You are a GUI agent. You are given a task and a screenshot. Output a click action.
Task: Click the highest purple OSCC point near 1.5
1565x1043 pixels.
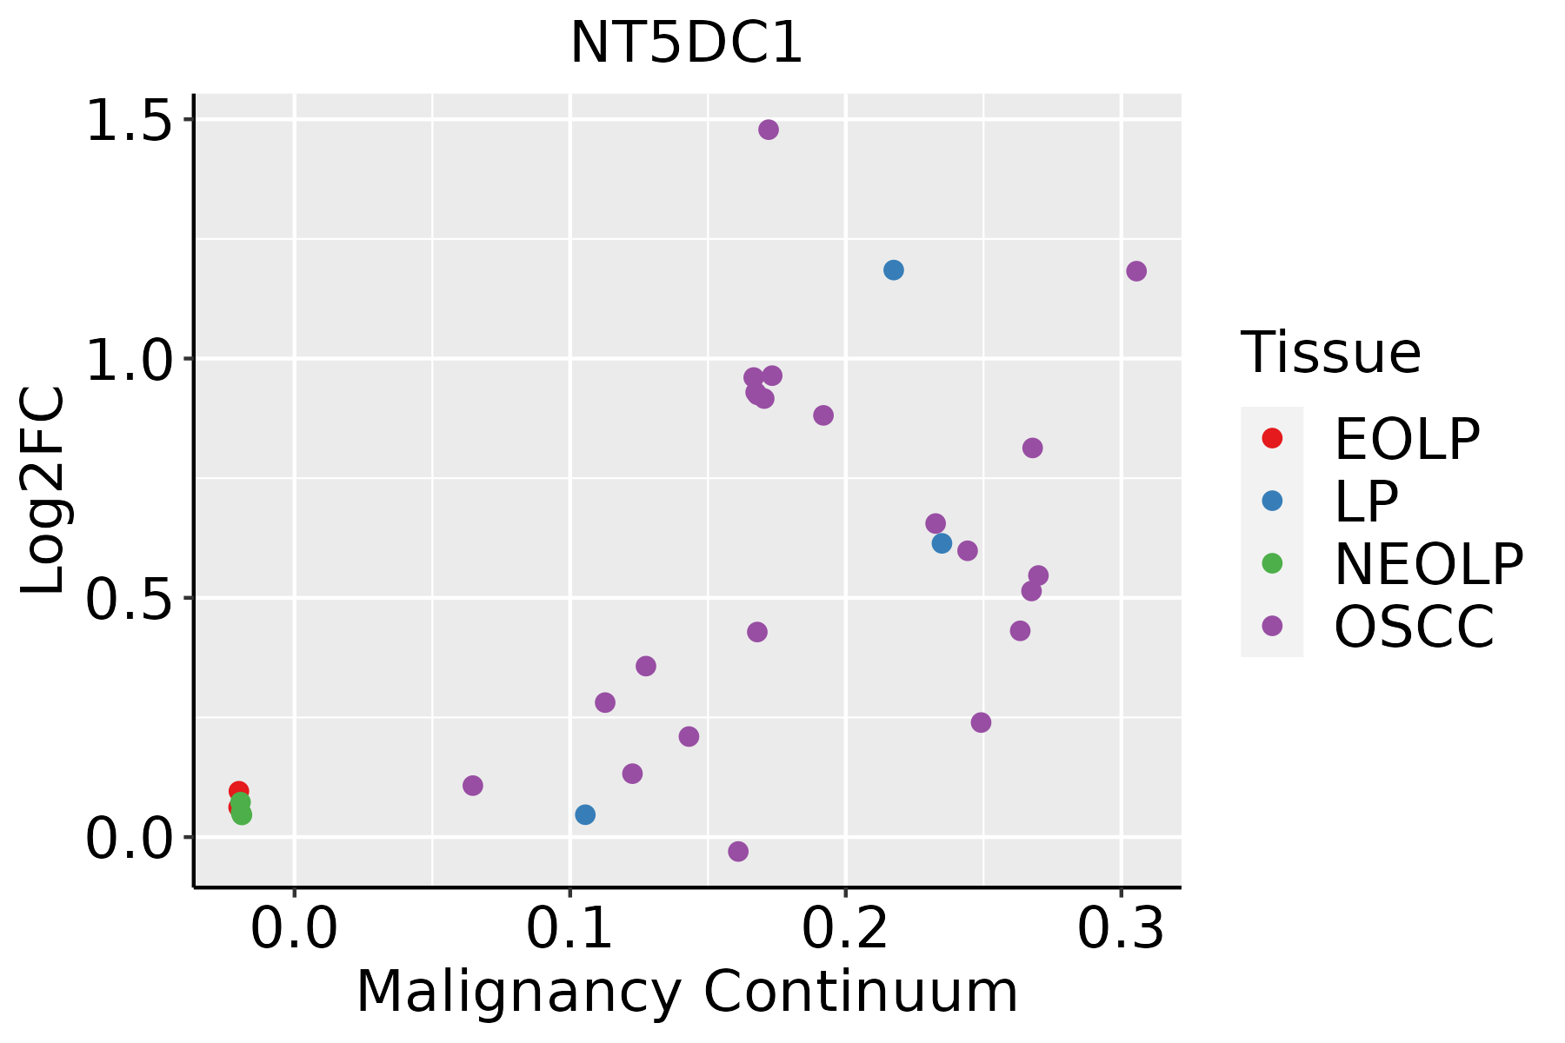tap(769, 130)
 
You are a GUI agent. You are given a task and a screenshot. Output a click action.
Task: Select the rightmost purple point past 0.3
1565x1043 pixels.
tap(1136, 271)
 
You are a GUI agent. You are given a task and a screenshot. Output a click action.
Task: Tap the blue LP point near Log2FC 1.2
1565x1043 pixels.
tap(894, 270)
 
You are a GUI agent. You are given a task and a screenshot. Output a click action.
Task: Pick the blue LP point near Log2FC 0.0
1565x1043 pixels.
tap(585, 814)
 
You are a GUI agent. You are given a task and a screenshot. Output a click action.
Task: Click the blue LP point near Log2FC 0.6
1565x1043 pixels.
tap(942, 543)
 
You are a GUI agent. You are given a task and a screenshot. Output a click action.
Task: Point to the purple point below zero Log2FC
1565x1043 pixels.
tap(738, 851)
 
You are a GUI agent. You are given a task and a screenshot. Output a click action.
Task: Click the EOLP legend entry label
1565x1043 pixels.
tap(1406, 439)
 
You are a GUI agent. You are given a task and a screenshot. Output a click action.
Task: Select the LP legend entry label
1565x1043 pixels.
tap(1366, 502)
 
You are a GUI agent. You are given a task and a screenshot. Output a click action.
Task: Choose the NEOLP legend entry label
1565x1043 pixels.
tap(1428, 564)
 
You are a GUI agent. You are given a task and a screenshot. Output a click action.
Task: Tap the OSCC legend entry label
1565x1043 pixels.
tap(1414, 627)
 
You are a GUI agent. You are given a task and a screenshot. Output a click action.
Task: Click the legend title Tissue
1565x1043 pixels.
tap(1330, 353)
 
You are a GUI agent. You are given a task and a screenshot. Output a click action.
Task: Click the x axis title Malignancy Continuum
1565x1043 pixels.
tap(687, 992)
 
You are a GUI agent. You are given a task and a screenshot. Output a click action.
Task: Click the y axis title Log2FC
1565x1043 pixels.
tap(43, 491)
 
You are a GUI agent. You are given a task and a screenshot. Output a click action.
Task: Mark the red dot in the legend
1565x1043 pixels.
tap(1272, 438)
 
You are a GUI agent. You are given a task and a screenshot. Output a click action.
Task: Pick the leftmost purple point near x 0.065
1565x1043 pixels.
tap(473, 786)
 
